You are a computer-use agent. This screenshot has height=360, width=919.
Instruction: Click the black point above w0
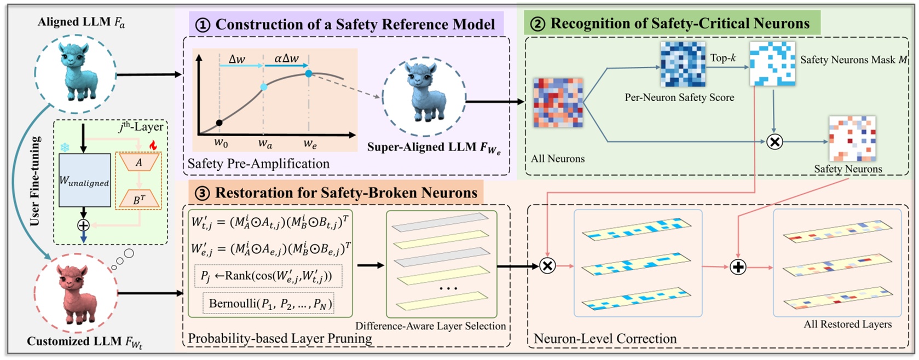pyautogui.click(x=219, y=123)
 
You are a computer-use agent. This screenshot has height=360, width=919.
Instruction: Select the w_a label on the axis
pyautogui.click(x=265, y=144)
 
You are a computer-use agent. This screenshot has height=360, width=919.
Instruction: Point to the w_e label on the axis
pyautogui.click(x=310, y=144)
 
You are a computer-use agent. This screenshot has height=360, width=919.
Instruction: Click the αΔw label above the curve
pyautogui.click(x=286, y=58)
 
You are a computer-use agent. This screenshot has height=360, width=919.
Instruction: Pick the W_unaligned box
pyautogui.click(x=84, y=181)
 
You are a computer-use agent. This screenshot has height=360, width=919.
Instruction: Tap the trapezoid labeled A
pyautogui.click(x=139, y=162)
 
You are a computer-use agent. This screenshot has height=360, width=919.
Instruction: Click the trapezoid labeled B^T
pyautogui.click(x=139, y=199)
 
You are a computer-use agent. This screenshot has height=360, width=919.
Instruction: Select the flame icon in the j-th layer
pyautogui.click(x=153, y=145)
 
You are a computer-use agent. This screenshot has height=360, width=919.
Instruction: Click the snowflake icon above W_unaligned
pyautogui.click(x=65, y=148)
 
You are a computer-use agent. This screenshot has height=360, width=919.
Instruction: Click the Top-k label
pyautogui.click(x=723, y=57)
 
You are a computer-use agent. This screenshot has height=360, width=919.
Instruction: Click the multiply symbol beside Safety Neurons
pyautogui.click(x=774, y=142)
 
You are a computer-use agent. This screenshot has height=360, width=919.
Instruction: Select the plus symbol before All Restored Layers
pyautogui.click(x=738, y=267)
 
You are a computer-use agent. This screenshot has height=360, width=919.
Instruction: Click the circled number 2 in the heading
pyautogui.click(x=538, y=24)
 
